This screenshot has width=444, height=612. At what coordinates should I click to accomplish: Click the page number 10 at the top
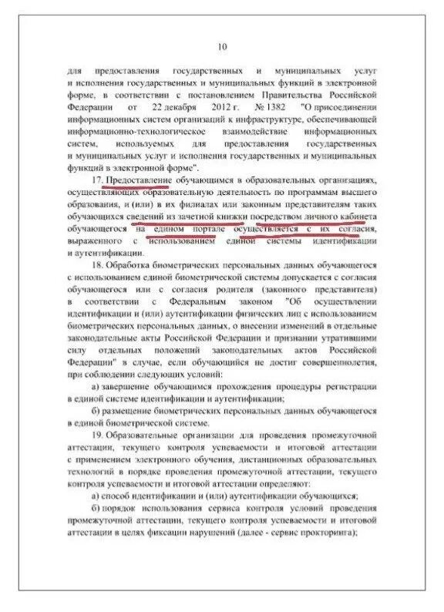[x=222, y=49]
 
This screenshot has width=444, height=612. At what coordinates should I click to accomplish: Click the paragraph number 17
[x=96, y=180]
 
